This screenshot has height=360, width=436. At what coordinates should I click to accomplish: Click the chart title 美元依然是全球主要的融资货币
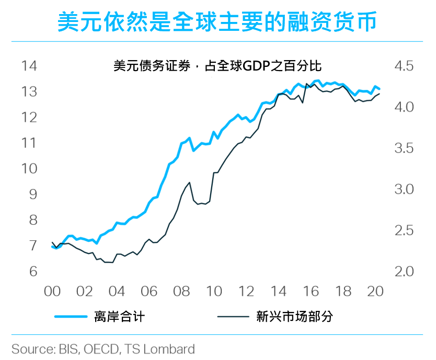pyautogui.click(x=217, y=21)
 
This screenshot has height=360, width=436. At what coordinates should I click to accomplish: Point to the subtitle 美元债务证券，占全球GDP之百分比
pyautogui.click(x=217, y=66)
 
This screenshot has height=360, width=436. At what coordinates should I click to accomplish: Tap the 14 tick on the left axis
pyautogui.click(x=29, y=66)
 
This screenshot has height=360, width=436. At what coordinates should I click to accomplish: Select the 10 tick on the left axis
pyautogui.click(x=29, y=169)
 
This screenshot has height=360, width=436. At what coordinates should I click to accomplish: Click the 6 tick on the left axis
pyautogui.click(x=33, y=271)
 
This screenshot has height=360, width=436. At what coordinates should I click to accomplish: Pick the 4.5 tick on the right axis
pyautogui.click(x=404, y=66)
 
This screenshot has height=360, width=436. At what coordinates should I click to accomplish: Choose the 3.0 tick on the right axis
pyautogui.click(x=404, y=189)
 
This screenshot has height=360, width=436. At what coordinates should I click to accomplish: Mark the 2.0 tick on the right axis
pyautogui.click(x=404, y=271)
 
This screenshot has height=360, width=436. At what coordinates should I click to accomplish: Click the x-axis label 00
pyautogui.click(x=52, y=292)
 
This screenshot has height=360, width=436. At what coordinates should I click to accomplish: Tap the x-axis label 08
pyautogui.click(x=181, y=292)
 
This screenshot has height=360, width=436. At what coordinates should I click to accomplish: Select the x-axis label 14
pyautogui.click(x=278, y=292)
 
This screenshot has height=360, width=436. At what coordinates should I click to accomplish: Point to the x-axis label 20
pyautogui.click(x=375, y=292)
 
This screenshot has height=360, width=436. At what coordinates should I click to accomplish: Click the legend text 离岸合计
pyautogui.click(x=120, y=317)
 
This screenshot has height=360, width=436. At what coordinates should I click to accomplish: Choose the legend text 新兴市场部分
pyautogui.click(x=294, y=317)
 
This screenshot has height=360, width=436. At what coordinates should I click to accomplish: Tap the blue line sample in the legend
pyautogui.click(x=71, y=317)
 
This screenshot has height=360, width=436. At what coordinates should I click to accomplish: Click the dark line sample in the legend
pyautogui.click(x=233, y=317)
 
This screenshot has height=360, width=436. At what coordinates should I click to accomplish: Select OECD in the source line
pyautogui.click(x=101, y=349)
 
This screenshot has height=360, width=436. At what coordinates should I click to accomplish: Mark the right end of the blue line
pyautogui.click(x=380, y=89)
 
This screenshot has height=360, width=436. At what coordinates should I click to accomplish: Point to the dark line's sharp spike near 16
pyautogui.click(x=306, y=84)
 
